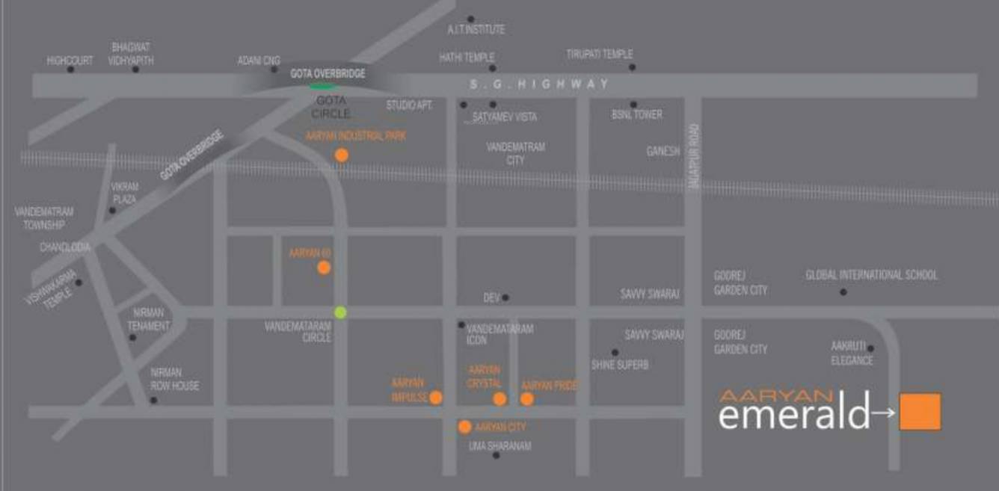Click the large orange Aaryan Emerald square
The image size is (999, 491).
[920, 411]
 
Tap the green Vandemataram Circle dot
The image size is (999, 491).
[340, 312]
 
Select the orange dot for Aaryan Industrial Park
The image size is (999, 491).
[342, 155]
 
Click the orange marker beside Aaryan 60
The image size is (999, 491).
[324, 268]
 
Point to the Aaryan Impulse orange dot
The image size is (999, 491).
[436, 398]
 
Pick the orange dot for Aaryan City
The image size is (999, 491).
[464, 427]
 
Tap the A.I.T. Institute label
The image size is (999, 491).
[476, 30]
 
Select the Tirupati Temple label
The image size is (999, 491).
[600, 55]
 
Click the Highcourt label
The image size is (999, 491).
[70, 61]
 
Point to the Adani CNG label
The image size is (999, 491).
[259, 61]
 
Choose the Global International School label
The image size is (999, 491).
[871, 275]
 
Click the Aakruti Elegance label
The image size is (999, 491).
[852, 353]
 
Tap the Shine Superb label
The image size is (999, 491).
[620, 365]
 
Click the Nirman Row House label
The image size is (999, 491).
[175, 379]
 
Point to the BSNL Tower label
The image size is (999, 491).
[637, 115]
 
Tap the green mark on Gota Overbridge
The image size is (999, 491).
[323, 86]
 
